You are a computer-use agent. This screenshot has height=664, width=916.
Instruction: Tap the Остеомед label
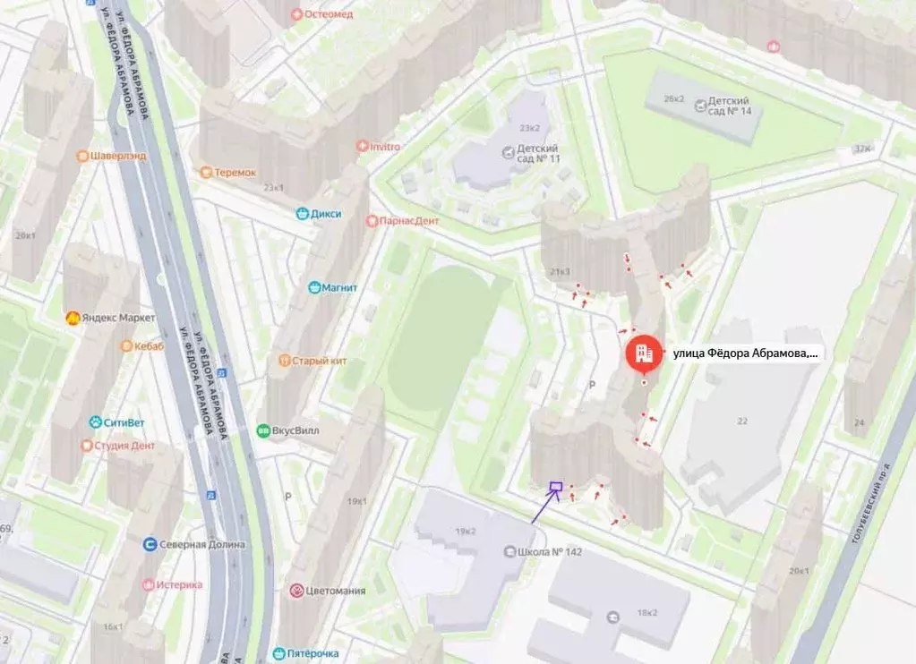329,13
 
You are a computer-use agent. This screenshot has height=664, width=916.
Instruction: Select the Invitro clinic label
384,146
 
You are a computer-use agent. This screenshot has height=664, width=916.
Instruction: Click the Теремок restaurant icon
207,172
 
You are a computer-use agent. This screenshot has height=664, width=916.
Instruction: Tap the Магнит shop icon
314,287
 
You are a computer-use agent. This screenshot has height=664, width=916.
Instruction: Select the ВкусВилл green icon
263,430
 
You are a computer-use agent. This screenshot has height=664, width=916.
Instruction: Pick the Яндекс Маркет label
117,318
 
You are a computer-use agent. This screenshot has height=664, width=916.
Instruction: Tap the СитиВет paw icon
95,421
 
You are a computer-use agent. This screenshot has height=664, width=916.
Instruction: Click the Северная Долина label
201,544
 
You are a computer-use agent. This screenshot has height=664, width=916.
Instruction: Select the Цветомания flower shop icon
296,591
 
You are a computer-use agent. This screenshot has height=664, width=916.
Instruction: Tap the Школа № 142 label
549,551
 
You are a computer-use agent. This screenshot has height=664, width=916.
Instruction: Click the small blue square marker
555,488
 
